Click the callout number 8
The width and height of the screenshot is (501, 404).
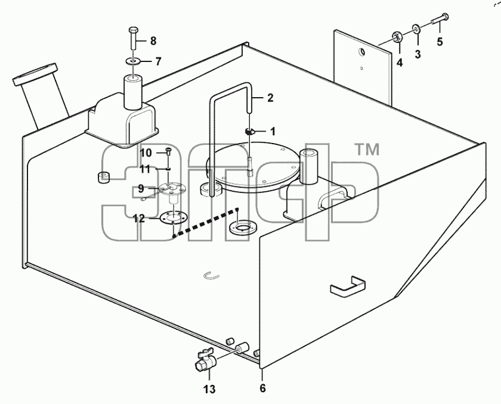click(x=153, y=41)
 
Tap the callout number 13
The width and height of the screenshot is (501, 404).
click(x=210, y=389)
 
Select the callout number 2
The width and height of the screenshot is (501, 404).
click(x=270, y=98)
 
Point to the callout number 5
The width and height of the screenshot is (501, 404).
click(x=440, y=42)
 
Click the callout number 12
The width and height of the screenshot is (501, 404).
click(x=139, y=219)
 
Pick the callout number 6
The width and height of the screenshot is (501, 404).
click(x=262, y=389)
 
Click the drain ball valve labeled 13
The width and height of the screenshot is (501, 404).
click(x=205, y=361)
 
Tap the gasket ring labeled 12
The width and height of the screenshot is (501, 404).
click(x=173, y=217)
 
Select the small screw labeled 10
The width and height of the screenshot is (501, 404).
click(x=168, y=152)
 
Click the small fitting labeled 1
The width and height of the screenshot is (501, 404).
click(x=250, y=132)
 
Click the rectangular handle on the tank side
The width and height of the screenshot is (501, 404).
click(x=348, y=286)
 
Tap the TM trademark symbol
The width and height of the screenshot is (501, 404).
click(x=367, y=150)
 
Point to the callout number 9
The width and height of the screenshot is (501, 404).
click(x=141, y=189)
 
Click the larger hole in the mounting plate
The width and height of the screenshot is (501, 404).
click(x=362, y=51)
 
